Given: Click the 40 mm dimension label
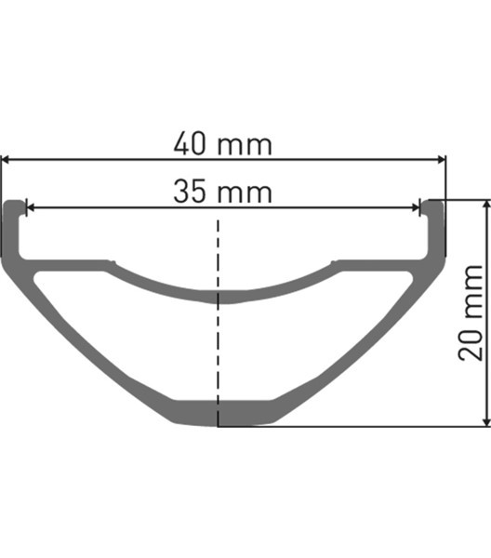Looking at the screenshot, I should pos(222,145).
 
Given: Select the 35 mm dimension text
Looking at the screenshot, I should pos(222,193).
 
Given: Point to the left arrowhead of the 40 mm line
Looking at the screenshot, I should pos(7,160).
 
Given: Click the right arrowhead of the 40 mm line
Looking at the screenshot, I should pos(441,160).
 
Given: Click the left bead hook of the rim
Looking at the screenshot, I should pos(15,208).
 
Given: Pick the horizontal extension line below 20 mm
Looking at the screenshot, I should pos(372,427).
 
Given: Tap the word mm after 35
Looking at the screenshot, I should pos(245,193).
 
